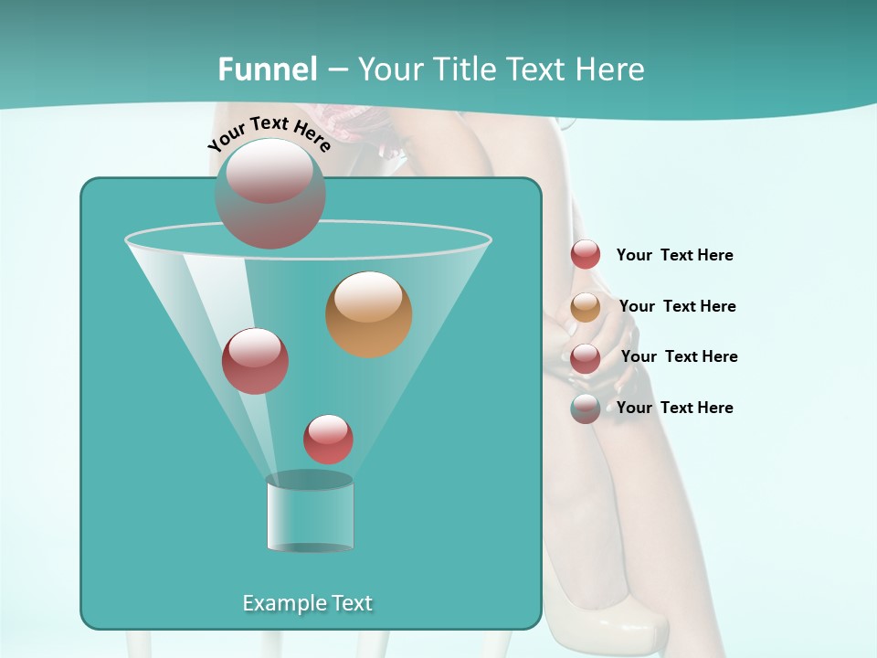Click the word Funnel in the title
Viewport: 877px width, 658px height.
(268, 69)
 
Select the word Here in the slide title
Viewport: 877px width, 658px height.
(610, 69)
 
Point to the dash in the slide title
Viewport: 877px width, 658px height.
(338, 70)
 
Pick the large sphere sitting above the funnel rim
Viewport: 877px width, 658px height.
(270, 194)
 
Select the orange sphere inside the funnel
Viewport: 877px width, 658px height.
(369, 314)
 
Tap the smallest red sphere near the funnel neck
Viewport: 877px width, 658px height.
(328, 439)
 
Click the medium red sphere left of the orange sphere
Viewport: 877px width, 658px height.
(255, 361)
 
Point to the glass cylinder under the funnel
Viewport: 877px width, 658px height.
(310, 516)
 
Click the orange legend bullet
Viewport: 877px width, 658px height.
(586, 307)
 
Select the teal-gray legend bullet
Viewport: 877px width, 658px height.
(586, 409)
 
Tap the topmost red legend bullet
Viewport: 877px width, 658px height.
(586, 255)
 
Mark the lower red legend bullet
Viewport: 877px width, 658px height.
(586, 358)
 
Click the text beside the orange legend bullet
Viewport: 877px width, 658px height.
(677, 306)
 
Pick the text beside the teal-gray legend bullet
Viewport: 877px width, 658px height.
(674, 408)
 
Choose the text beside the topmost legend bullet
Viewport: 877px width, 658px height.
(674, 255)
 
